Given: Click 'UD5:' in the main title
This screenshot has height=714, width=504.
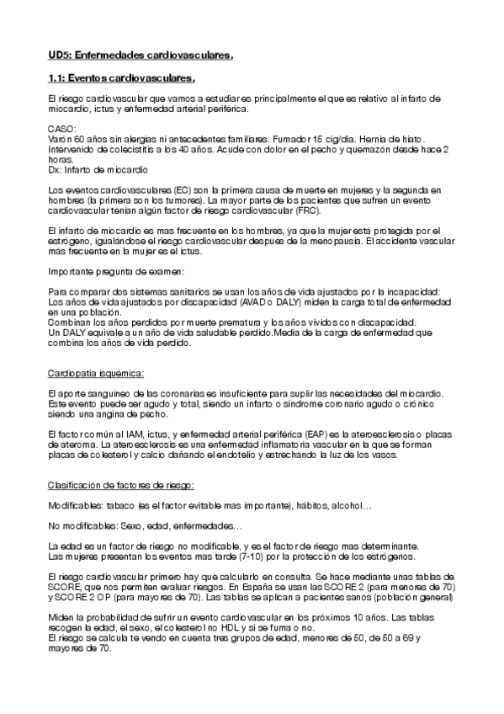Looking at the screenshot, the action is [x=59, y=56].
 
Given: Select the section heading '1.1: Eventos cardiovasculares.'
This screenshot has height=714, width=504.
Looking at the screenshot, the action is [x=120, y=79].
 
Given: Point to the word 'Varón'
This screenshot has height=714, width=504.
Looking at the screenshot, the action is [x=60, y=138].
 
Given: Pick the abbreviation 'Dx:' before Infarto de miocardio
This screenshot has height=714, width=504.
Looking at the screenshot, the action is [x=56, y=168].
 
